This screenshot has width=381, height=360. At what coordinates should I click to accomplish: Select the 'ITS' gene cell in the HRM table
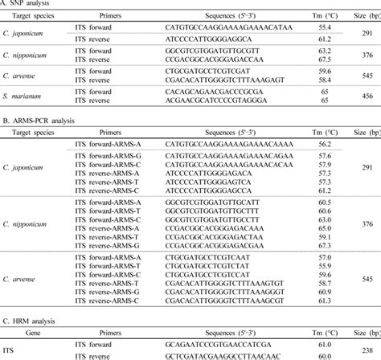pos(9,351)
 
